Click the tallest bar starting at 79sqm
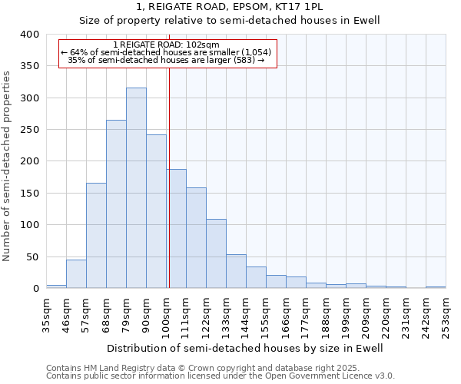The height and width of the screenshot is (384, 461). pos(136,188)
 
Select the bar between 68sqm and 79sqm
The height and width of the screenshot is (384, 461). pos(116,204)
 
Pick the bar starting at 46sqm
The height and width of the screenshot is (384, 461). pos(76,274)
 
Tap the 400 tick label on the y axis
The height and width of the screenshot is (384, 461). pos(29,35)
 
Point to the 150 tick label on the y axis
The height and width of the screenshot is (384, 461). pos(29,194)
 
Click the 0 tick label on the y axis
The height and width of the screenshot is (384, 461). pos(35,289)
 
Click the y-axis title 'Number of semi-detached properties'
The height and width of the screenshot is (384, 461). pos(8,165)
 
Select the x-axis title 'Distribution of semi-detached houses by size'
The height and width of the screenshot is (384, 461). pos(244,348)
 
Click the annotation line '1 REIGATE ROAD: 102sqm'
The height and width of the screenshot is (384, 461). pos(166,45)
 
